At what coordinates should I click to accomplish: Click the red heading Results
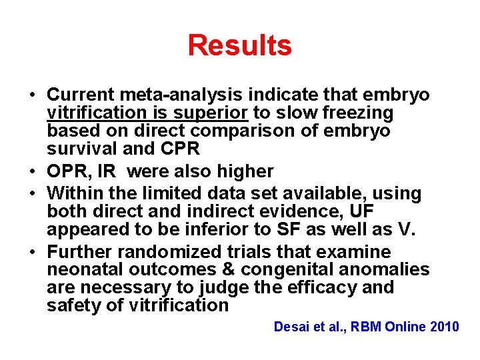click(239, 46)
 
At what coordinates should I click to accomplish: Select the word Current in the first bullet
click(80, 95)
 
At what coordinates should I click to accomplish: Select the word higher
click(242, 171)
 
